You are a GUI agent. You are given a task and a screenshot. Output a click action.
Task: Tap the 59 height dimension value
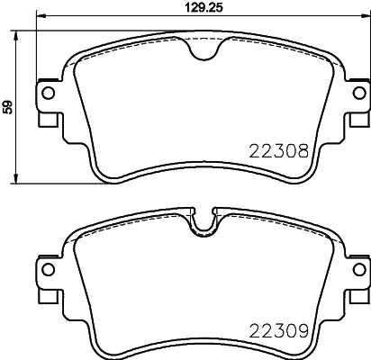point(8,107)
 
